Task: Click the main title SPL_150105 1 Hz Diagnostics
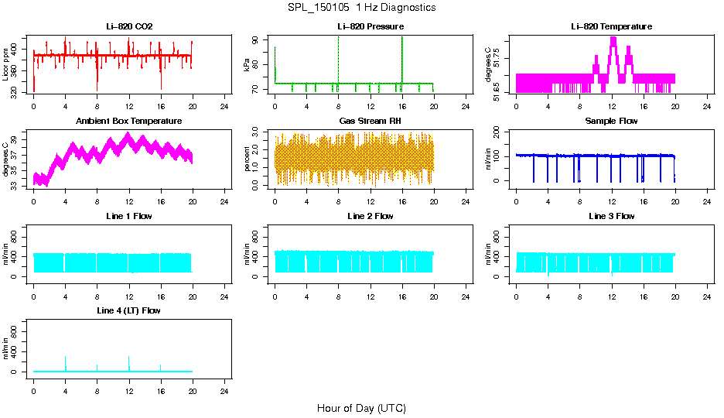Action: pos(361,8)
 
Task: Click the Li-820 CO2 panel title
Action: pos(129,27)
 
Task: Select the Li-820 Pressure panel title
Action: pos(371,27)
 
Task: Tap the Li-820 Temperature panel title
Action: pos(612,27)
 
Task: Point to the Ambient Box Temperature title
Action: pos(129,122)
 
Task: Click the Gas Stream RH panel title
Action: pos(371,122)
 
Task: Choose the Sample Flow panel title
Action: pos(612,122)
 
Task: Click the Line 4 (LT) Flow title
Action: pos(129,310)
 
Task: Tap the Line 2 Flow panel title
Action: pos(371,216)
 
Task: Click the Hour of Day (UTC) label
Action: pos(361,408)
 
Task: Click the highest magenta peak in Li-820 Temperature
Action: pos(613,39)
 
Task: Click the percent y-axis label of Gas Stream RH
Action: pos(248,156)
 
